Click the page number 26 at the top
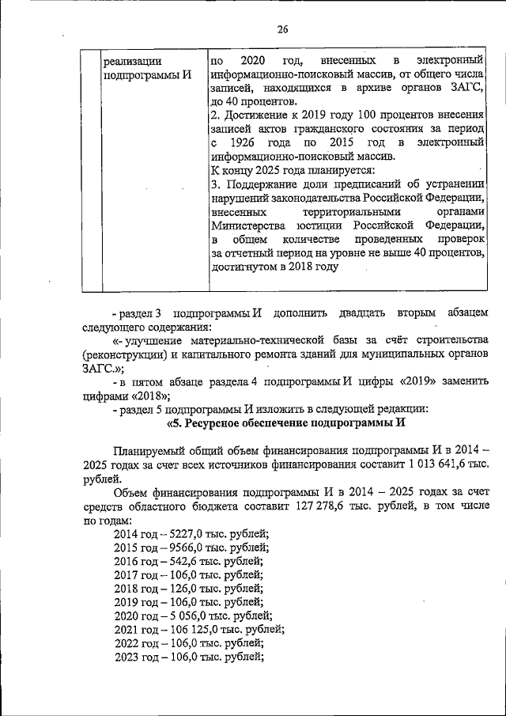[282, 30]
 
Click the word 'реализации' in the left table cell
[132, 61]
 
